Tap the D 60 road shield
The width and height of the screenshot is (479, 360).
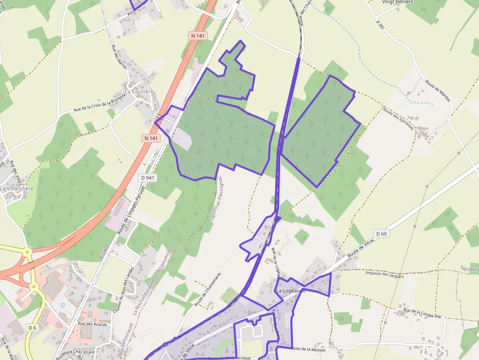point(381,233)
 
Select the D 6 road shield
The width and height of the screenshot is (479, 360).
point(32,328)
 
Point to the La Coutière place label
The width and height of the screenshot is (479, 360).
point(139,91)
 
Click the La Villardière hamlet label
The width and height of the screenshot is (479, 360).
point(17,188)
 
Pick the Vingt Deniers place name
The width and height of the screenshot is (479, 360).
point(397,2)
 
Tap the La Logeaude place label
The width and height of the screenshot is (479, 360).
point(291,291)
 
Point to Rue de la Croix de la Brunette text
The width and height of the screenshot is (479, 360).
point(100,104)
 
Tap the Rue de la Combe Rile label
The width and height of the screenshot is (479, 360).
point(422,313)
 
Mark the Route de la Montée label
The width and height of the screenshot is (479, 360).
point(307,349)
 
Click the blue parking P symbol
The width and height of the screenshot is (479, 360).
point(63,305)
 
